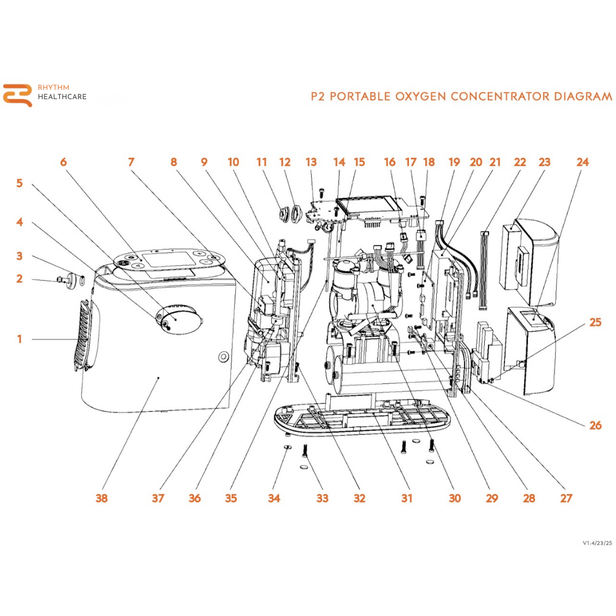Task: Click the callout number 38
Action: pyautogui.click(x=102, y=498)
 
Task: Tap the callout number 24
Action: pyautogui.click(x=582, y=162)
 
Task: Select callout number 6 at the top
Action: pyautogui.click(x=63, y=162)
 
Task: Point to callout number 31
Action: pyautogui.click(x=406, y=498)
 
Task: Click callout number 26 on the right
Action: pyautogui.click(x=594, y=425)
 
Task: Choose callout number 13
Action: pyautogui.click(x=311, y=162)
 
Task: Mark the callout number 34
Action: pyautogui.click(x=274, y=498)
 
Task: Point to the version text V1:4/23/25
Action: pyautogui.click(x=597, y=543)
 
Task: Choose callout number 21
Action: pyautogui.click(x=495, y=162)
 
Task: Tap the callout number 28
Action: pyautogui.click(x=529, y=498)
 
